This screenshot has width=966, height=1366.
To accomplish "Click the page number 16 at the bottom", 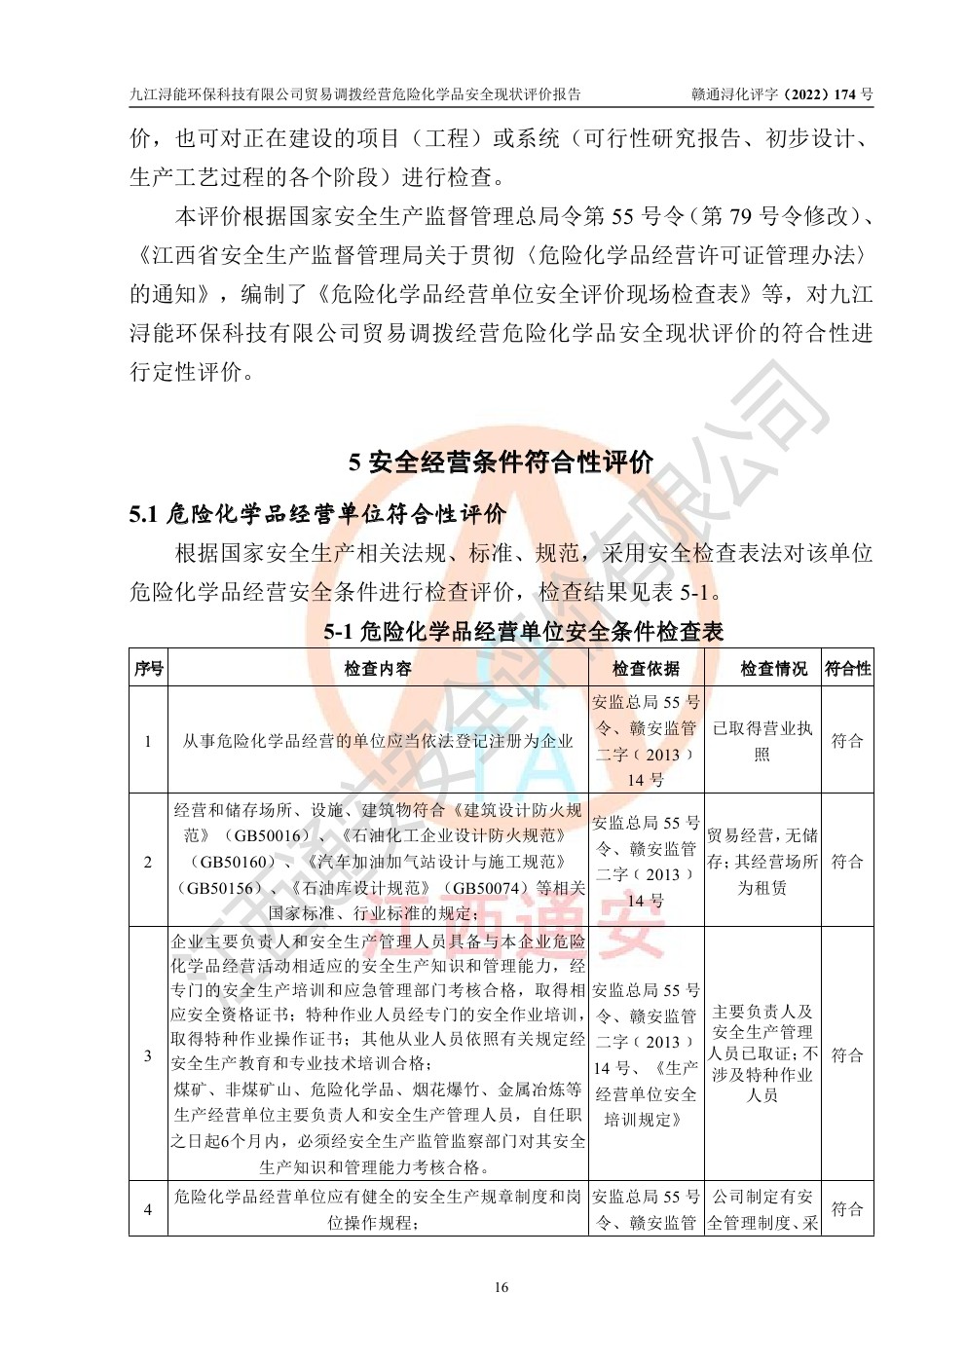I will click(x=501, y=1288).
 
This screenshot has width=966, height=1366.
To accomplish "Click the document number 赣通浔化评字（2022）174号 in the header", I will click(x=782, y=94).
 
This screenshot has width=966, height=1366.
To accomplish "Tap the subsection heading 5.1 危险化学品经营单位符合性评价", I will click(x=317, y=513).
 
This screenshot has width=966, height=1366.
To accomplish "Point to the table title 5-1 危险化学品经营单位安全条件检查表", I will click(x=523, y=632).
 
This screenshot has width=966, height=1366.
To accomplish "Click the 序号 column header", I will click(x=148, y=669).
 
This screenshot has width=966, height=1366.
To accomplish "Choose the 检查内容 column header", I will click(x=378, y=669).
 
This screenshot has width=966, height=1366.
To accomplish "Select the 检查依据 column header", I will click(x=646, y=669).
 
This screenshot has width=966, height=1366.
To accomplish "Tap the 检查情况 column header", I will click(x=773, y=669).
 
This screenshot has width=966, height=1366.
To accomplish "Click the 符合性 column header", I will click(x=847, y=669).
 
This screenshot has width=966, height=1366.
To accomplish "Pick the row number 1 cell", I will click(x=148, y=741).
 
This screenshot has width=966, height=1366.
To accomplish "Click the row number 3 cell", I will click(x=148, y=1055).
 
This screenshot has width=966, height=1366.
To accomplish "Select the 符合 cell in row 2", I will click(x=847, y=862).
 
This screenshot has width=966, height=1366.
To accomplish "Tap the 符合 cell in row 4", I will click(x=847, y=1209).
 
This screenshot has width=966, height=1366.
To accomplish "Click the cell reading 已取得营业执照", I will click(x=762, y=741).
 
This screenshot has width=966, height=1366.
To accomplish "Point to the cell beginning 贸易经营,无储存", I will click(x=762, y=862).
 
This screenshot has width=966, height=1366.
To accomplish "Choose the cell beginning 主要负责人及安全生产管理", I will click(x=762, y=1053).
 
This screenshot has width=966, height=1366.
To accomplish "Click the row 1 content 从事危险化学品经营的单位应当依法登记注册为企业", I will click(x=378, y=741).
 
